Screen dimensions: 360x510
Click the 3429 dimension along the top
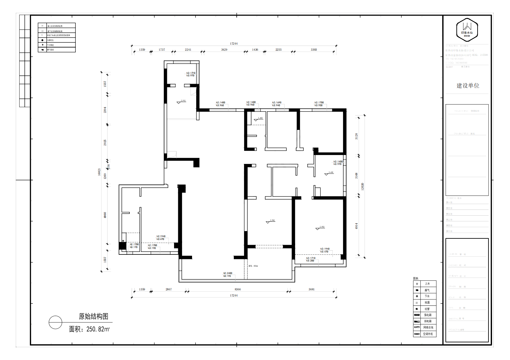click(x=224, y=50)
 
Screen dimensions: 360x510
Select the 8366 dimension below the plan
click(x=238, y=289)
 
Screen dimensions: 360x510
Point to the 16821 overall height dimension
click(x=99, y=172)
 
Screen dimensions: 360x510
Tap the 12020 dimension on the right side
click(x=363, y=186)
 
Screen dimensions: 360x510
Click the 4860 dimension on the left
click(x=105, y=215)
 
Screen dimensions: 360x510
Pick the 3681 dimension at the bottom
click(x=312, y=289)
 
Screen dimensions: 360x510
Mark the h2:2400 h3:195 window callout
click(x=228, y=275)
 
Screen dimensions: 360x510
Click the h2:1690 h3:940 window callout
click(x=277, y=104)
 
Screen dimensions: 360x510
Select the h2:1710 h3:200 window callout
click(x=311, y=259)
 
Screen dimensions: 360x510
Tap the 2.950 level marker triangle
click(x=318, y=229)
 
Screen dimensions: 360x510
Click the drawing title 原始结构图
click(x=93, y=317)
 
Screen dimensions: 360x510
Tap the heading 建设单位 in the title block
click(x=468, y=86)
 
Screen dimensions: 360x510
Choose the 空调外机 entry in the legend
click(x=428, y=334)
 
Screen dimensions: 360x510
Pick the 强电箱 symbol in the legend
click(x=417, y=315)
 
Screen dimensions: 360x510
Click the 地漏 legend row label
click(x=427, y=303)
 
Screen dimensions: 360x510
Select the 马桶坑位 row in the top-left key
click(x=57, y=40)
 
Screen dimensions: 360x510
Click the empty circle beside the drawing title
click(x=55, y=322)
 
